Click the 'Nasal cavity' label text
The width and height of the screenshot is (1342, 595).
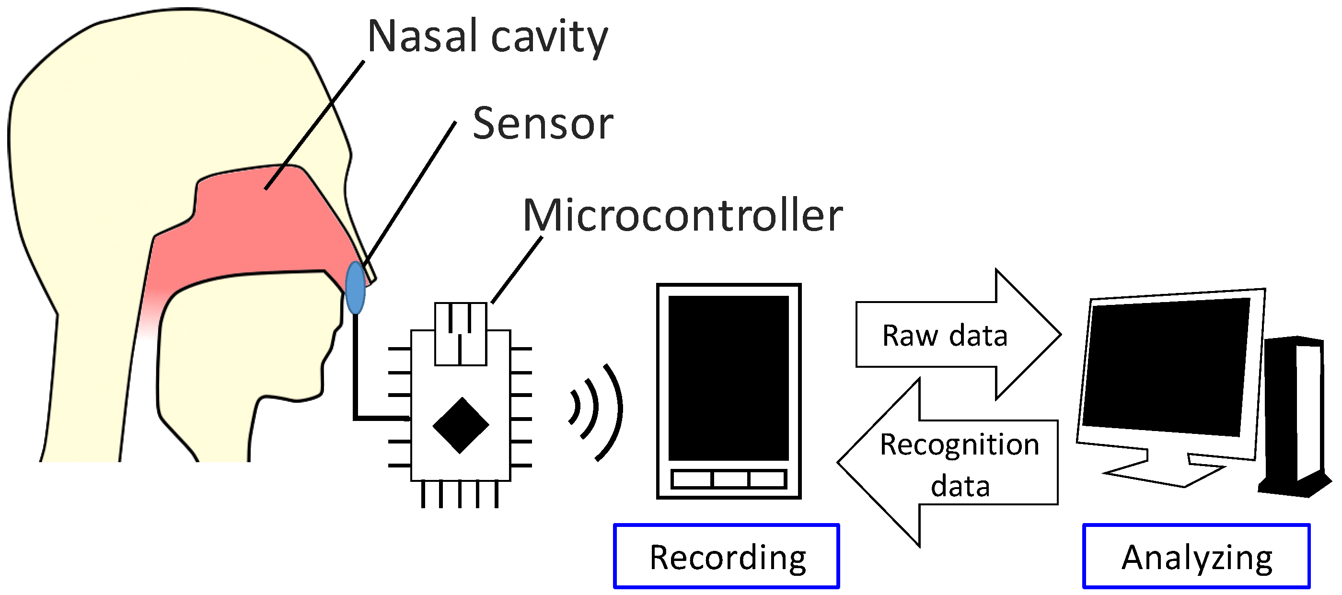[487, 36]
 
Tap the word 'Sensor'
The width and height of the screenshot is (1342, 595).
[543, 124]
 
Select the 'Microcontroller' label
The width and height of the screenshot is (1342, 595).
[682, 216]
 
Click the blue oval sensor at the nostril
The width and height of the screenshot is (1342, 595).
[355, 288]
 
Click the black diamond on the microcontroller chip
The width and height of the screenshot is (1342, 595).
[461, 425]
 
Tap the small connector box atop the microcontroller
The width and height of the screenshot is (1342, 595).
[461, 333]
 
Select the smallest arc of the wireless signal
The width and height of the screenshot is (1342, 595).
[576, 407]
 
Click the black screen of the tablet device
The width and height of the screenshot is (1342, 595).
[729, 378]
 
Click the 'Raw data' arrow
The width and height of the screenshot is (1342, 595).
[953, 335]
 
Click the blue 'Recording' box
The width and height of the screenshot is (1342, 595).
[727, 557]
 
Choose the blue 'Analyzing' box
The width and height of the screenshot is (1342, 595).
[1196, 557]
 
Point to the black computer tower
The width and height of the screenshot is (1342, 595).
[1292, 417]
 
